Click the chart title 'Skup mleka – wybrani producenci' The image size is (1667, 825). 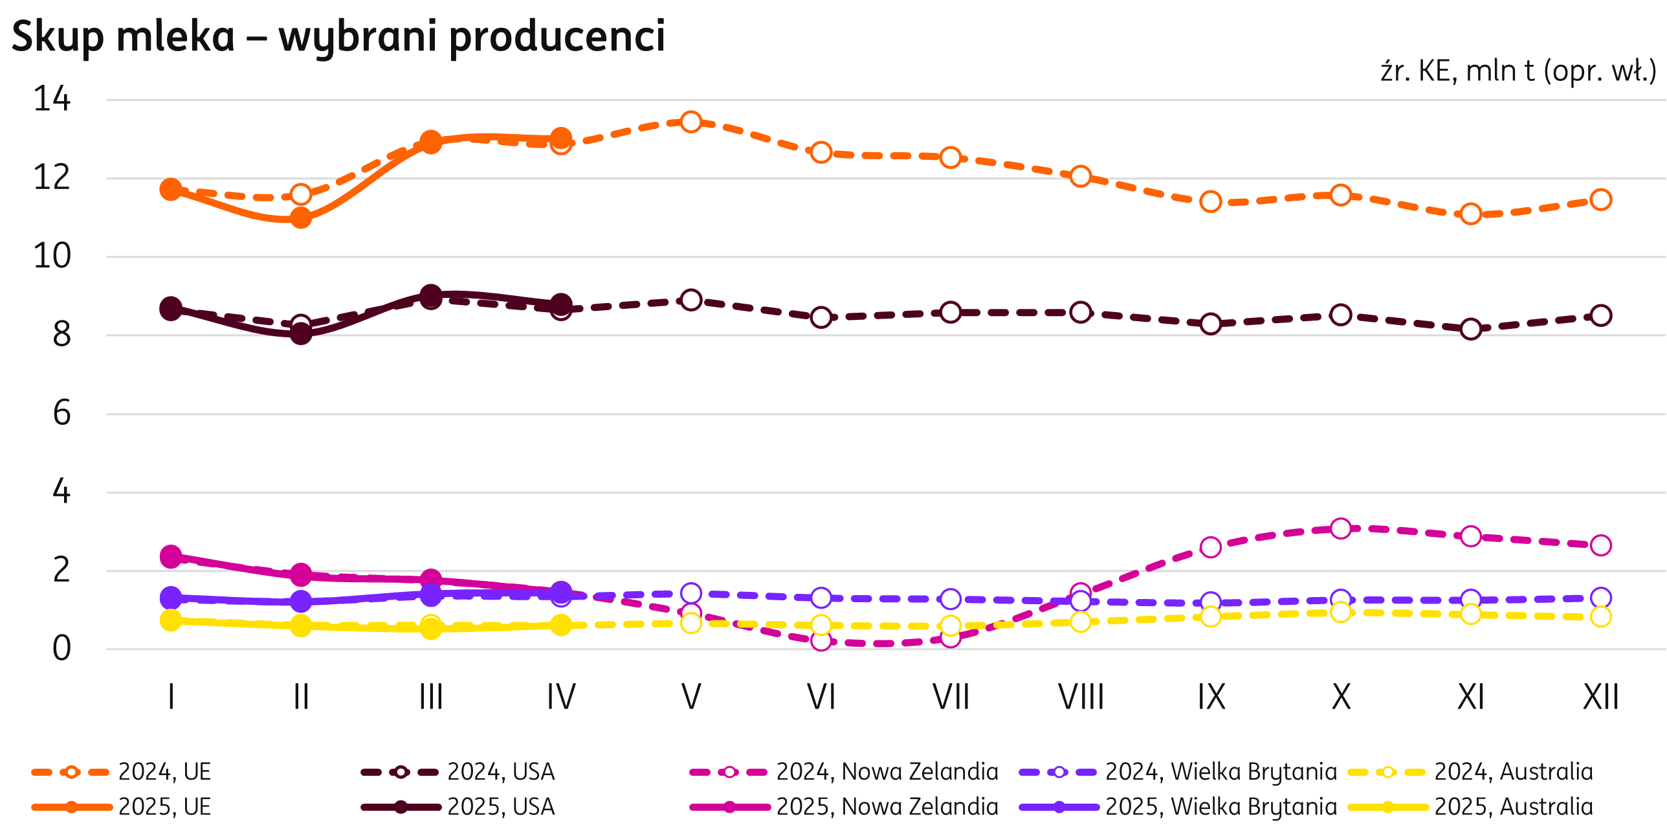tap(338, 36)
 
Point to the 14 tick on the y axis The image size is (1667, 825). tap(52, 100)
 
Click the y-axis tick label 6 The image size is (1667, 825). tap(61, 413)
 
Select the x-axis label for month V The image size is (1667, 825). tap(691, 697)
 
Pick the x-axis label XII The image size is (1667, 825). tap(1600, 697)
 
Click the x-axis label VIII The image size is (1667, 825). tap(1081, 697)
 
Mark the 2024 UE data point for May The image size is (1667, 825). tap(691, 122)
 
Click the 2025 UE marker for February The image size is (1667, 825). tap(301, 218)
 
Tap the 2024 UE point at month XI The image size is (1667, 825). tap(1471, 214)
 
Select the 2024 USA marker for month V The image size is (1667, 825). tap(691, 300)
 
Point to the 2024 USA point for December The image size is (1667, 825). tap(1601, 315)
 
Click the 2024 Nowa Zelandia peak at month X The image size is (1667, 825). tap(1341, 528)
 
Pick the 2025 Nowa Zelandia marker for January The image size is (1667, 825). tap(171, 556)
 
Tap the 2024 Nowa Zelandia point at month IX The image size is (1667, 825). tap(1211, 547)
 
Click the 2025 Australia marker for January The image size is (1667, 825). tap(171, 620)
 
